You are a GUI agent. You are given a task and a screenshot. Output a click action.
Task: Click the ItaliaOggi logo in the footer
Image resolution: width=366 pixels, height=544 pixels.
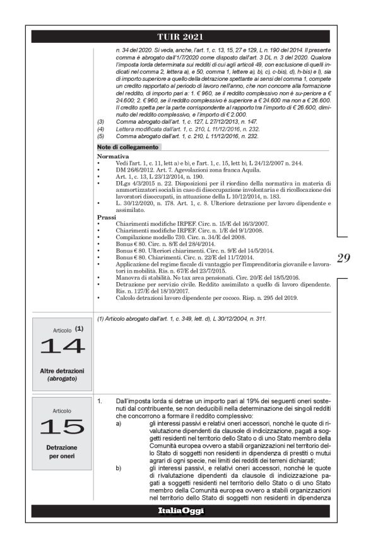pyautogui.click(x=183, y=511)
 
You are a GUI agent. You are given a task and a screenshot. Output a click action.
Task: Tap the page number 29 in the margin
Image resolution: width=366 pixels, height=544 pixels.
pyautogui.click(x=343, y=257)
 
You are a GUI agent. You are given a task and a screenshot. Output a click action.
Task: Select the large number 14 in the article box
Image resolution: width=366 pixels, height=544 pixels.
pyautogui.click(x=62, y=346)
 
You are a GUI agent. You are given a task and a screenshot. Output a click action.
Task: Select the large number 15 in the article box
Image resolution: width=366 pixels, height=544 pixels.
pyautogui.click(x=62, y=427)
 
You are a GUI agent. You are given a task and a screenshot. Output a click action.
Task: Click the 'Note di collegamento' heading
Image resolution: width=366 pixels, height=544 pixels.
pyautogui.click(x=128, y=147)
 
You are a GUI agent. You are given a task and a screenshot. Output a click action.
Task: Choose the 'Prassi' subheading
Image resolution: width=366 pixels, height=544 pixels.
pyautogui.click(x=107, y=216)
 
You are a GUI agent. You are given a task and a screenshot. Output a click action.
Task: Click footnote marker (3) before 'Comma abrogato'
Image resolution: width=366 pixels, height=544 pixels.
pyautogui.click(x=100, y=121)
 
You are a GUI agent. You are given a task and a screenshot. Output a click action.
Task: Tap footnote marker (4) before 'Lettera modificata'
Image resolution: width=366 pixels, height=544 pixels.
pyautogui.click(x=100, y=128)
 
